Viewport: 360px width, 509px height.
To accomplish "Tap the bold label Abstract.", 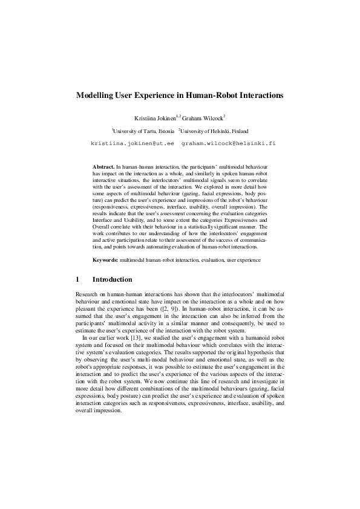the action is (x=103, y=166).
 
